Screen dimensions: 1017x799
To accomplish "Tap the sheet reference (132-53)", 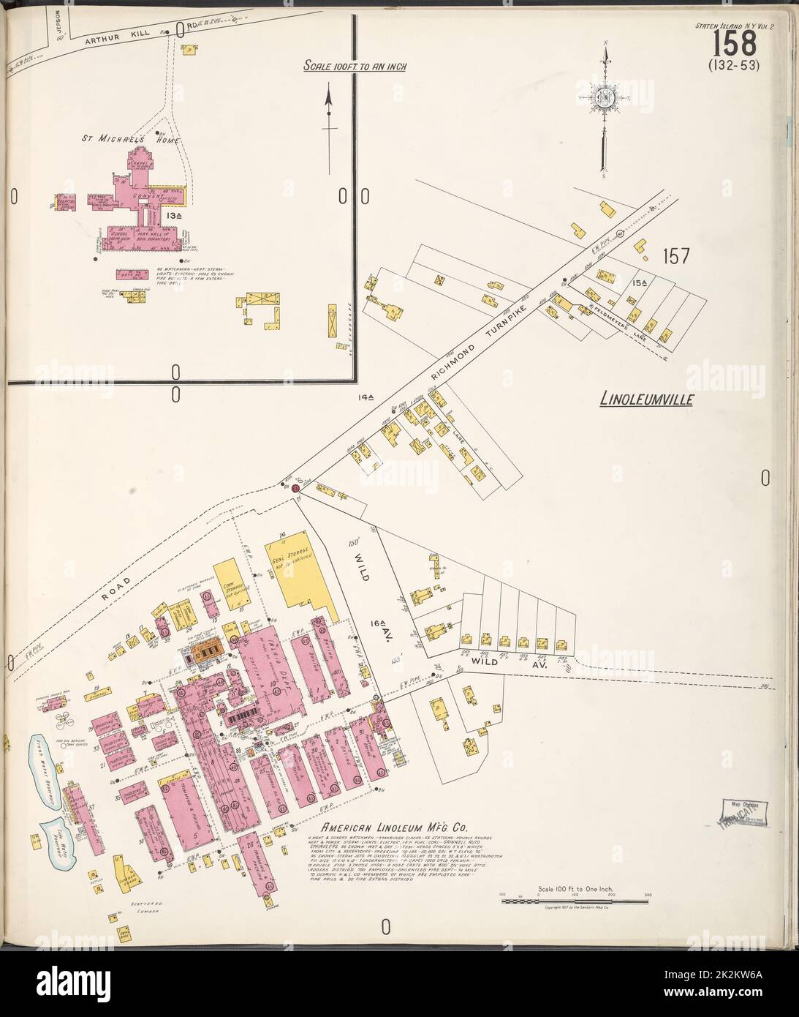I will [x=735, y=65].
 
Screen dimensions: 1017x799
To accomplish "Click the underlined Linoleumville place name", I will [x=646, y=400].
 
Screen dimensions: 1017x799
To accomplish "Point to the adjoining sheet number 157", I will [x=678, y=257].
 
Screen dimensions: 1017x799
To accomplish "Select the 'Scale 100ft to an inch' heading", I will [x=355, y=67].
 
